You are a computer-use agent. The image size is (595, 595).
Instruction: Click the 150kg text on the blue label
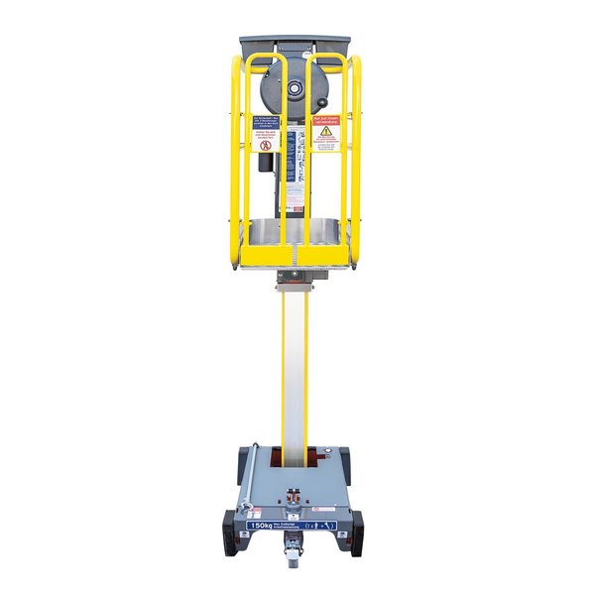click(x=262, y=525)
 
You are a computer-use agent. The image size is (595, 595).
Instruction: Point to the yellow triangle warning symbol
click(x=325, y=130)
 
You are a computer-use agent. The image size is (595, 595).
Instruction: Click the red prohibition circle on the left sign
click(x=265, y=144)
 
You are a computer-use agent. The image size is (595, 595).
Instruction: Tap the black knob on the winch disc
click(x=270, y=91)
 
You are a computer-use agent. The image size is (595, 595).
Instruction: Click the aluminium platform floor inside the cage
click(x=295, y=233)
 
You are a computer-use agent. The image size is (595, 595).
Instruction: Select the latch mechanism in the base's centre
click(x=295, y=501)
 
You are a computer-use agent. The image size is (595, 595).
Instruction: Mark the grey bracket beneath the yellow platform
click(x=295, y=272)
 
